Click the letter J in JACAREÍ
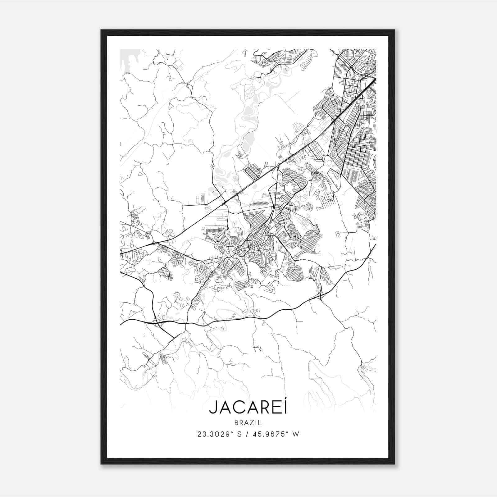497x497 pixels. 213,408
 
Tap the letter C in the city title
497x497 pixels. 238,408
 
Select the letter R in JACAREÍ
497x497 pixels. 265,408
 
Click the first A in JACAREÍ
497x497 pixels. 225,408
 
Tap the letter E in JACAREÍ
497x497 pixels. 276,408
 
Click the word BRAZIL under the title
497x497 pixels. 248,423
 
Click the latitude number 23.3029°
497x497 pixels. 215,434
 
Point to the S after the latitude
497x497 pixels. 239,434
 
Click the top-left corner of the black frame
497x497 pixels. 102,30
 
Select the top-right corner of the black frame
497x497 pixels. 394,30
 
